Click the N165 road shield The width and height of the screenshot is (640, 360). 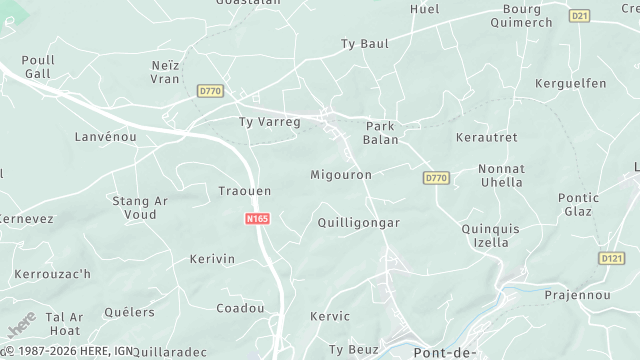[257, 218]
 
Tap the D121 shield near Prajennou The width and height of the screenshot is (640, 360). [611, 258]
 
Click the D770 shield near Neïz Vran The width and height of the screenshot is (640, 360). [211, 91]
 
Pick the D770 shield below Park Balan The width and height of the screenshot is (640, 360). [435, 178]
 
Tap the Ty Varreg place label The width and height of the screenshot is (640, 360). [269, 122]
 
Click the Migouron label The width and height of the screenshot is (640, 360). [341, 175]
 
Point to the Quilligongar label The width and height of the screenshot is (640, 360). [358, 223]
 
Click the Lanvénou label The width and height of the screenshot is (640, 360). [105, 136]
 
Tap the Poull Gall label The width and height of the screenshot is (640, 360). [38, 67]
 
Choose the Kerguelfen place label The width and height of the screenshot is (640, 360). [572, 83]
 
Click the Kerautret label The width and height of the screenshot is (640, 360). [487, 136]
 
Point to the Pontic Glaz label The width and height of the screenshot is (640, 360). [578, 204]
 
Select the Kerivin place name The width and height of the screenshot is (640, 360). [212, 259]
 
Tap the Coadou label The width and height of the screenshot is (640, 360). [239, 308]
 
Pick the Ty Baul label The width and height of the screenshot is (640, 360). [364, 44]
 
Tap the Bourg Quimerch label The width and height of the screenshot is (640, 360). [527, 16]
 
